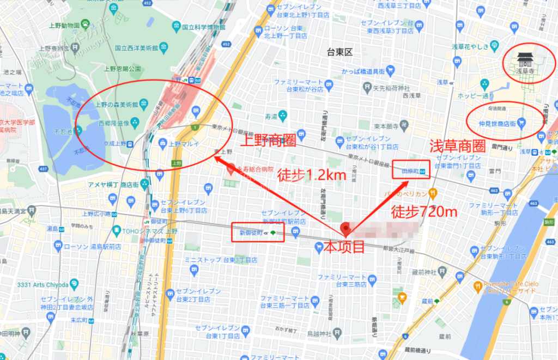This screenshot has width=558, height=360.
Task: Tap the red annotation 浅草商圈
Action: (457, 145)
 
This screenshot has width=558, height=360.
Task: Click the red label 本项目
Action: (344, 246)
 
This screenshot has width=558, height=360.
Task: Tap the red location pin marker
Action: (344, 229)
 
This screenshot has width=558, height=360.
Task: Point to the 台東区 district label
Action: (340, 52)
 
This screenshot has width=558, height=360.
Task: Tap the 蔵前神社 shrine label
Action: (425, 271)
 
